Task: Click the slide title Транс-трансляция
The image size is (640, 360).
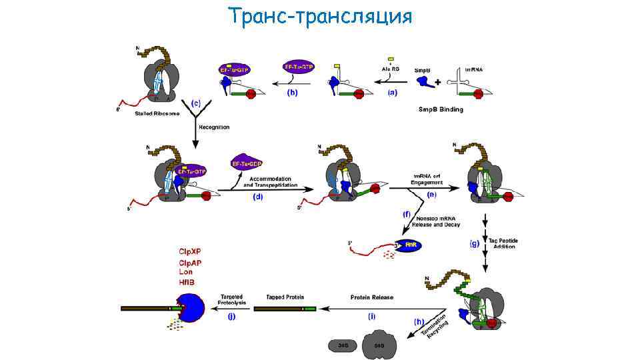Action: coord(319,16)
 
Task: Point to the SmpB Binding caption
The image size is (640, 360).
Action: coord(441,108)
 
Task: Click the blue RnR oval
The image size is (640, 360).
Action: coord(409,247)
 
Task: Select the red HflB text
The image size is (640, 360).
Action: coord(187,283)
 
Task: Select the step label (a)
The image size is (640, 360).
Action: coord(391,93)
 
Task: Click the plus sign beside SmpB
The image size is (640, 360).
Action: coord(436,83)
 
